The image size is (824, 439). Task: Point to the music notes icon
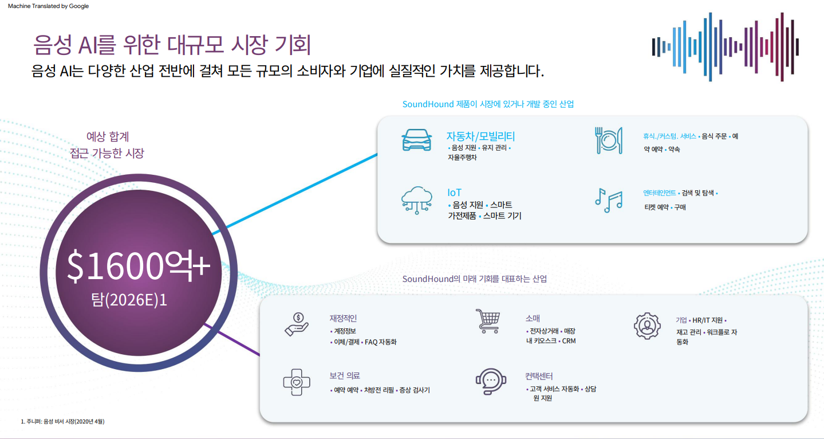[x=608, y=200]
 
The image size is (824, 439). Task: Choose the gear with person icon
[x=647, y=326]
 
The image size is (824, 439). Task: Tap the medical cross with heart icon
[x=297, y=382]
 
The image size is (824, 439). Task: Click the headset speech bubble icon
[x=491, y=379]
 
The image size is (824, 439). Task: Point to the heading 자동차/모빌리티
[x=480, y=136]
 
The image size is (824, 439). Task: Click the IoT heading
[x=454, y=193]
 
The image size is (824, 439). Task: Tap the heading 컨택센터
[x=539, y=377]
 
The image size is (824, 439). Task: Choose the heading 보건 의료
[x=345, y=377]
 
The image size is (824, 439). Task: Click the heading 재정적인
[x=343, y=319]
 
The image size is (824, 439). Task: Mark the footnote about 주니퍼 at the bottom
[x=62, y=422]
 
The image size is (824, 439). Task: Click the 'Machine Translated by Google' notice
[x=48, y=6]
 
